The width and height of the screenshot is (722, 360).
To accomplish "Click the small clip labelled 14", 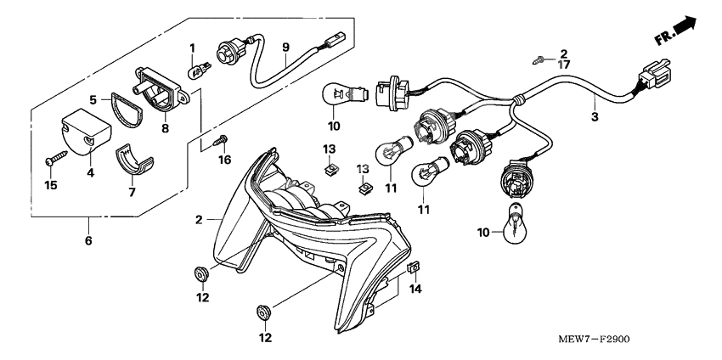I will click(414, 267).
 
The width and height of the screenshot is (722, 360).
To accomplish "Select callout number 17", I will click(562, 65).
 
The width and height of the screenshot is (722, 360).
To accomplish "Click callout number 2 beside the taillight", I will click(198, 219).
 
